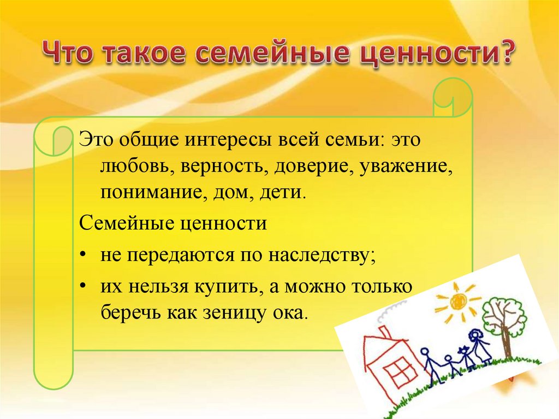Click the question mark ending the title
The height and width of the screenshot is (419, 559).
click(x=504, y=52)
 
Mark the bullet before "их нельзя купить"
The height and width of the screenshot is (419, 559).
click(x=82, y=286)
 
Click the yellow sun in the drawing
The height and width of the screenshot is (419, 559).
click(x=459, y=300)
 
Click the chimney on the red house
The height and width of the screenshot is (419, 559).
click(x=383, y=333)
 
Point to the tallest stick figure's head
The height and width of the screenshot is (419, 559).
click(x=476, y=336)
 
